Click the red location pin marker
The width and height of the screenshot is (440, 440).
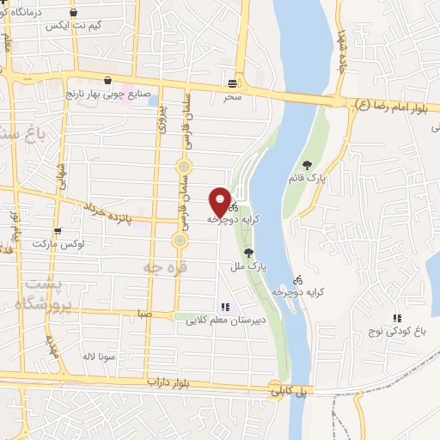[220, 202]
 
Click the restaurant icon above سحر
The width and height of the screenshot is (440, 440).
[234, 83]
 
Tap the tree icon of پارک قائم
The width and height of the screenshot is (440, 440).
[308, 165]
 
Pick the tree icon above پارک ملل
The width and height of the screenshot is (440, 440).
[249, 253]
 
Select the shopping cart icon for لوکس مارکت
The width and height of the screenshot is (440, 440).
[58, 231]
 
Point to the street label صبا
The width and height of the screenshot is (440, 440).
[143, 315]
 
